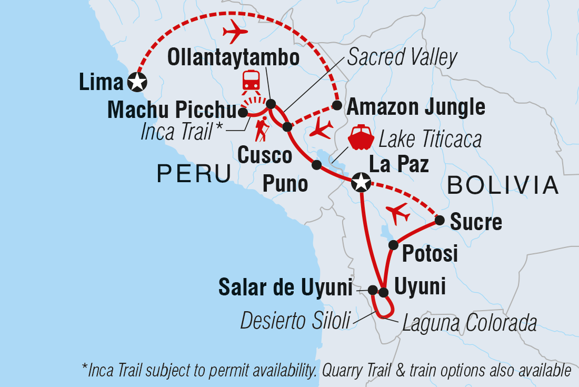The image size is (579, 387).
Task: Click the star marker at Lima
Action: [137, 82]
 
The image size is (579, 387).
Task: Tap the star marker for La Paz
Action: [361, 183]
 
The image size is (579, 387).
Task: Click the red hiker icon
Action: [262, 131]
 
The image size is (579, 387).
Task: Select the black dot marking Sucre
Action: [440, 220]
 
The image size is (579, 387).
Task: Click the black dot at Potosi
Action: [393, 245]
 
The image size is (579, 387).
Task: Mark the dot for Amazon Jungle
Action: [336, 107]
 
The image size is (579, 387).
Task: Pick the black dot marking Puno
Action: [316, 165]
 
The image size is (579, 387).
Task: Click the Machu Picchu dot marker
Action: [243, 112]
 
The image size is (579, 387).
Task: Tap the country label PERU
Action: [194, 173]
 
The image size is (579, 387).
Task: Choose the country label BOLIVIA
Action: [503, 185]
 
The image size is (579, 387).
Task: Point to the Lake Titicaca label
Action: [430, 140]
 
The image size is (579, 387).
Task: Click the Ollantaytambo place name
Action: [233, 58]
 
